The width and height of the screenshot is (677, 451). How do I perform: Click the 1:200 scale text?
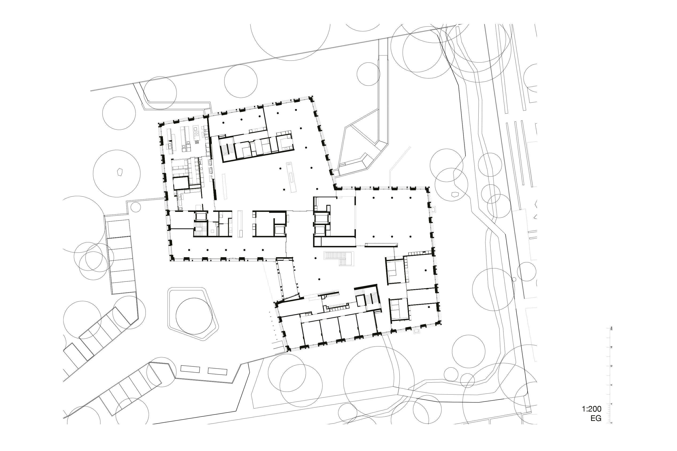pyautogui.click(x=591, y=409)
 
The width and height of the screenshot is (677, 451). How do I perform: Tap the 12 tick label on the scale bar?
pyautogui.click(x=611, y=366)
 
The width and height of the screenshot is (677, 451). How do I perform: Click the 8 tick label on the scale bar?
pyautogui.click(x=611, y=385)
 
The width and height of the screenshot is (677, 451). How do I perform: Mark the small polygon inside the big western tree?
pyautogui.click(x=120, y=172)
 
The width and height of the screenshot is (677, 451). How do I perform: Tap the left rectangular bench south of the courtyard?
pyautogui.click(x=190, y=369)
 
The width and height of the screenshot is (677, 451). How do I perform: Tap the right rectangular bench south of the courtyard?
pyautogui.click(x=217, y=371)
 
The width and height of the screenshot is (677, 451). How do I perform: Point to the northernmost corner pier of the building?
pyautogui.click(x=311, y=99)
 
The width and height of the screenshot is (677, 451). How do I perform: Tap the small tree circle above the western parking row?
pyautogui.click(x=136, y=207)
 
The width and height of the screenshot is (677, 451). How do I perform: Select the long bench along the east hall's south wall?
pyautogui.click(x=381, y=245)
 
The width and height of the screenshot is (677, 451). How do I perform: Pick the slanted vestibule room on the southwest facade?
pyautogui.click(x=288, y=279)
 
